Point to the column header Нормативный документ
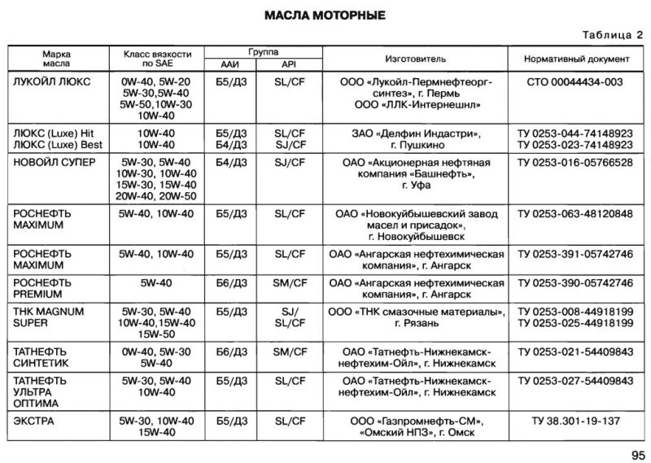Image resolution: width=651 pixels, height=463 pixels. click(x=575, y=59)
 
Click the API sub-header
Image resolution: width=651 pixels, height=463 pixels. click(x=290, y=65)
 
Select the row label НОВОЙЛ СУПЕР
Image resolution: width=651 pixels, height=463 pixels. click(x=55, y=162)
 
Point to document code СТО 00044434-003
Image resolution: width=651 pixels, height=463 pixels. click(x=575, y=82)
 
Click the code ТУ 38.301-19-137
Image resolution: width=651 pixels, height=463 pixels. click(x=575, y=421)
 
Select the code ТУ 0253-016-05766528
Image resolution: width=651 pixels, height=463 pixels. click(x=575, y=162)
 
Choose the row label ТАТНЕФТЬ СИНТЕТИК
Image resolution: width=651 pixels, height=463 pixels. click(x=45, y=357)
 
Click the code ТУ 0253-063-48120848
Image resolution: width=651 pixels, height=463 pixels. click(x=575, y=214)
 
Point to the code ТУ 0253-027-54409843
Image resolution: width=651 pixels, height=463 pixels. click(x=575, y=381)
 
